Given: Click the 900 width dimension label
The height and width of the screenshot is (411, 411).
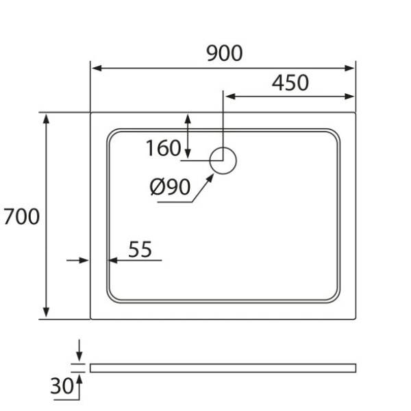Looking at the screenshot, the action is (x=225, y=53).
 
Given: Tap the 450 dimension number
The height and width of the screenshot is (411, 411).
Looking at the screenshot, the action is (x=290, y=83).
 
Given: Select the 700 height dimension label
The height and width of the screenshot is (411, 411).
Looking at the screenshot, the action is (x=21, y=216).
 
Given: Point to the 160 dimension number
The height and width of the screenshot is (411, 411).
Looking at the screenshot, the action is (x=163, y=148).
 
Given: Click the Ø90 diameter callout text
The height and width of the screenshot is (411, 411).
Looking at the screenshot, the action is (x=170, y=187).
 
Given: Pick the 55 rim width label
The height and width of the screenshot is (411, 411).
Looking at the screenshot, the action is (x=140, y=249).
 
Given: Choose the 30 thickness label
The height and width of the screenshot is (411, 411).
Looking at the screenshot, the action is (x=62, y=386).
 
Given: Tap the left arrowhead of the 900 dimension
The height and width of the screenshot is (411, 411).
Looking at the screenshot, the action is (x=97, y=68).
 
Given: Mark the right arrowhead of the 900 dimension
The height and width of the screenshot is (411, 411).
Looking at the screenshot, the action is (x=349, y=68).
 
